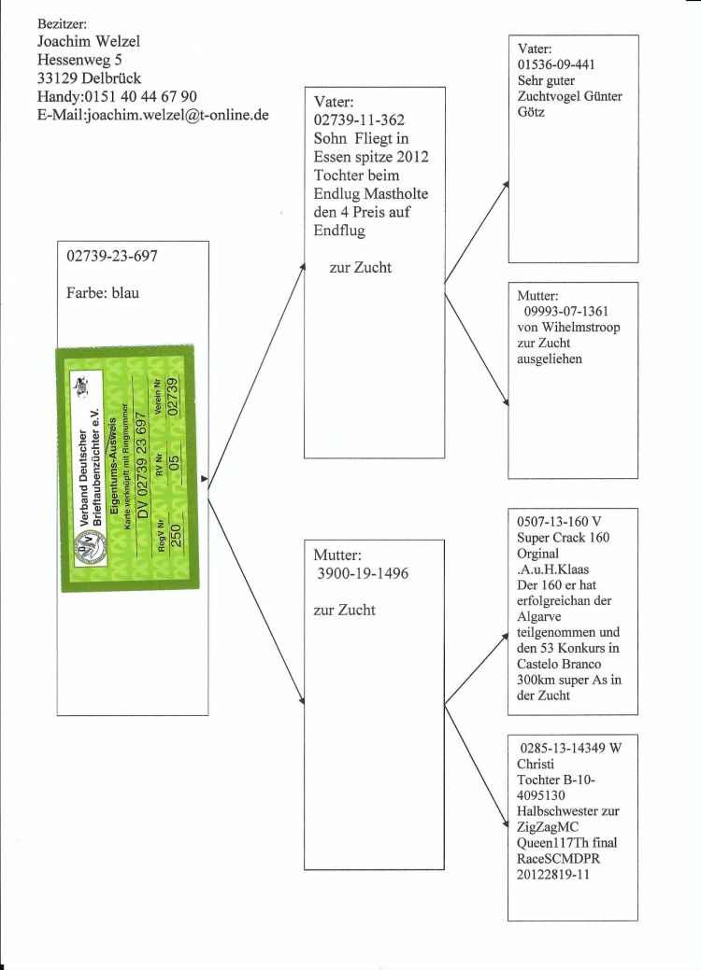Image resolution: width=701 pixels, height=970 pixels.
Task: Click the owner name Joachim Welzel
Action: (89, 41)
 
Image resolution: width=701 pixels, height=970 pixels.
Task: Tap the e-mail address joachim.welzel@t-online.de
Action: (177, 115)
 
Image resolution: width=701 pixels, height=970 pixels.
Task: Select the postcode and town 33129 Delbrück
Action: (89, 77)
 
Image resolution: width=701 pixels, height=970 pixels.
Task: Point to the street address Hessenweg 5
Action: (79, 60)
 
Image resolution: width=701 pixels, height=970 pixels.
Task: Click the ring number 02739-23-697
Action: (112, 256)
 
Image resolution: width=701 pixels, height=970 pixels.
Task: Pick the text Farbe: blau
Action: (103, 292)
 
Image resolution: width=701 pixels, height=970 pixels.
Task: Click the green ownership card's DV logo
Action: (89, 549)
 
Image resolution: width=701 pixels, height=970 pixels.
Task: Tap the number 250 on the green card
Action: (176, 536)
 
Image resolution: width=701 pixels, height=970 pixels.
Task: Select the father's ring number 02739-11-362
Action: (359, 120)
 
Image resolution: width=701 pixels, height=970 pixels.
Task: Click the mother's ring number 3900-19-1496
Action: (363, 573)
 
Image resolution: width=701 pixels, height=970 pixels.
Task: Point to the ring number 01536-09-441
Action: (556, 64)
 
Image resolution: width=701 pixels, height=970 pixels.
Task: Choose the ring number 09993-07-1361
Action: (566, 311)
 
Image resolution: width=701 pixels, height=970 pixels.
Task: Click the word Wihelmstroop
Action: (580, 328)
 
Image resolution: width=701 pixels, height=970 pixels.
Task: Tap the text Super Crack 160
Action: (563, 538)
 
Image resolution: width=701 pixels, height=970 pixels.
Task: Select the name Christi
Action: (536, 764)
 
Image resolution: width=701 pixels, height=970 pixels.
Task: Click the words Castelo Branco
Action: (559, 664)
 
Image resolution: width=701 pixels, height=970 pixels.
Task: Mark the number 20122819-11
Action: (553, 875)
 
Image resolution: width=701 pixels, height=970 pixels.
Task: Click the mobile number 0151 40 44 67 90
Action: (140, 96)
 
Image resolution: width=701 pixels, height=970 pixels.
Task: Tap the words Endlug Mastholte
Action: (371, 193)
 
